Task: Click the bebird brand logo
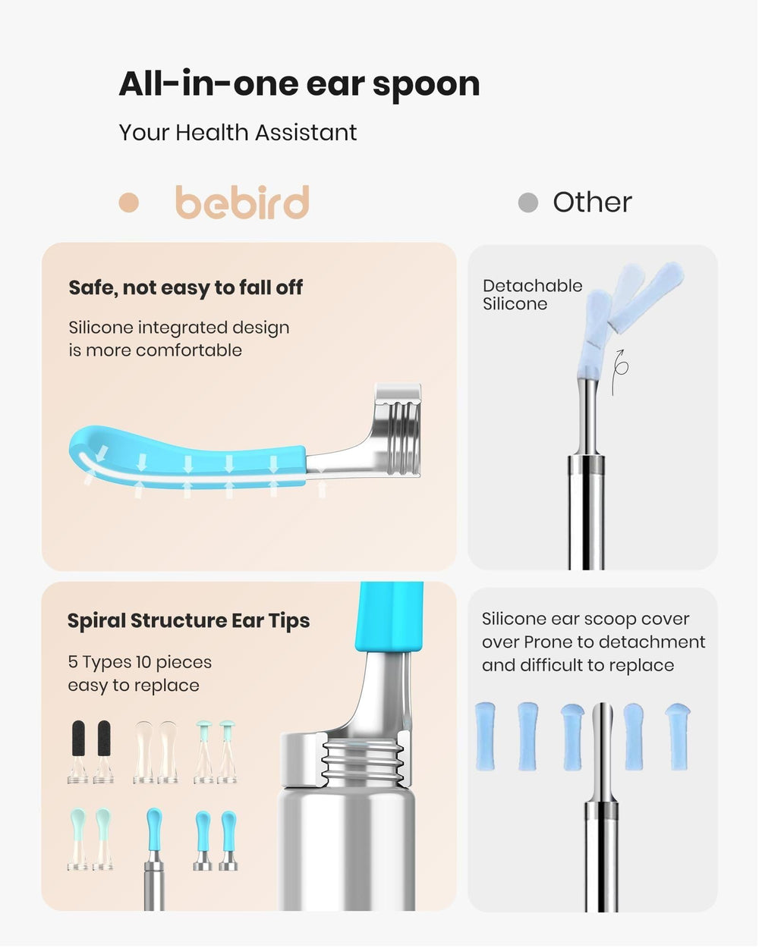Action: tap(242, 202)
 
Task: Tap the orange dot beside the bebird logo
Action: tap(129, 202)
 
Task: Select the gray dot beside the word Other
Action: tap(528, 202)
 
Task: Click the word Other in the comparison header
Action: tap(592, 202)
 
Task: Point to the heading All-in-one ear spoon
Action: tap(299, 84)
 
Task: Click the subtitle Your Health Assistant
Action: tap(238, 133)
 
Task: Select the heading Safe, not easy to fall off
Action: tap(186, 288)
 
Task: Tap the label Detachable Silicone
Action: tap(532, 295)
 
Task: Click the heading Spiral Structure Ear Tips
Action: tap(189, 621)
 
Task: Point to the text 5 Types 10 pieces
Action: tap(140, 662)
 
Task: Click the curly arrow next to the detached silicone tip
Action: tap(619, 372)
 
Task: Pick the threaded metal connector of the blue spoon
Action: tap(397, 431)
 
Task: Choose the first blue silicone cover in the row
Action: tap(485, 736)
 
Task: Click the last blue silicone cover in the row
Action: tap(678, 736)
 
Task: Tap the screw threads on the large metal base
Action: tap(363, 762)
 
